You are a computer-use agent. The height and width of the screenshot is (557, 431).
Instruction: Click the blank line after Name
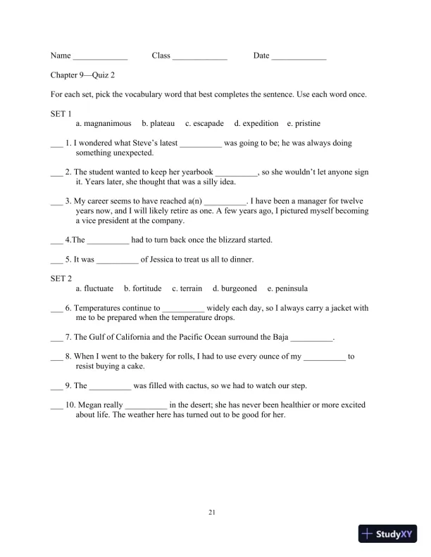point(100,57)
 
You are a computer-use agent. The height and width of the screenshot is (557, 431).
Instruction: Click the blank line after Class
point(200,57)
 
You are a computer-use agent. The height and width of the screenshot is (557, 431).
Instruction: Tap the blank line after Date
point(299,57)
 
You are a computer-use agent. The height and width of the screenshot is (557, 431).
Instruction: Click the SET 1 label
point(61,113)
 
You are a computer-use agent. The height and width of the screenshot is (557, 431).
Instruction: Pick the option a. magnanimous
point(104,124)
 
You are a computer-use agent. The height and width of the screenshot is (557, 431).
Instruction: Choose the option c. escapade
point(204,124)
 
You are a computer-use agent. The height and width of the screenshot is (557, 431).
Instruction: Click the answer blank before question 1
point(56,145)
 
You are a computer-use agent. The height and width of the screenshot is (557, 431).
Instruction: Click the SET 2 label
point(61,278)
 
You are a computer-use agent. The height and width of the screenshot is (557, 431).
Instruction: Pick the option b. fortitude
point(142,289)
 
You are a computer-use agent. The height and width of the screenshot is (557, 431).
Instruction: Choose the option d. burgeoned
point(235,289)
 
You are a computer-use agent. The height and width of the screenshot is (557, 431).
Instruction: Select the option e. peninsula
point(287,289)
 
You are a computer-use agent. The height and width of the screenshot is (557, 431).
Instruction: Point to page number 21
point(212,513)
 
